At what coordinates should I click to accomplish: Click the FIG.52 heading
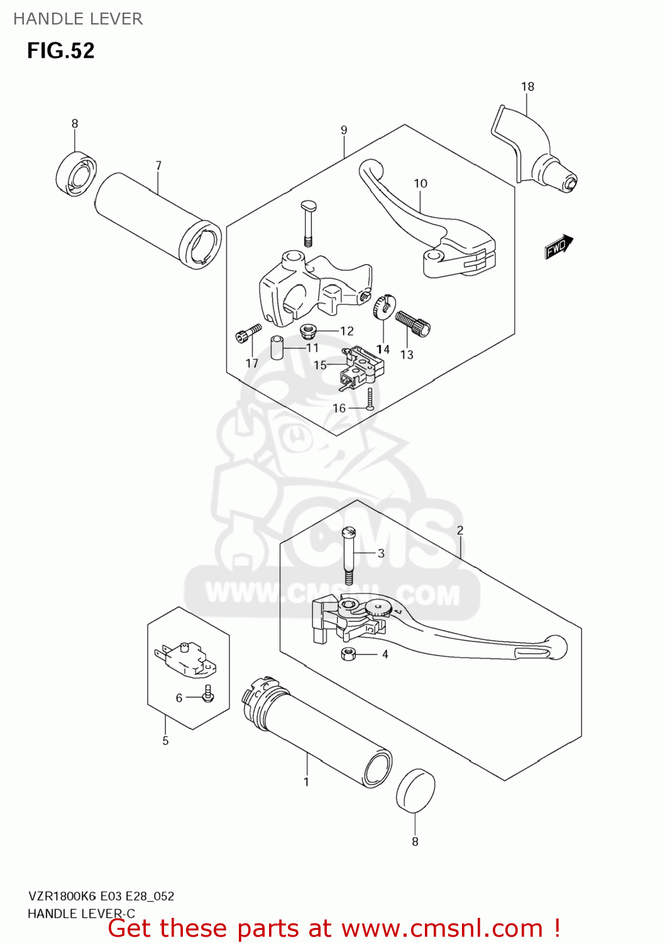pos(60,50)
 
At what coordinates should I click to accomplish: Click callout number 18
pos(527,87)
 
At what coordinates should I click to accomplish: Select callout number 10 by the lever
pos(420,184)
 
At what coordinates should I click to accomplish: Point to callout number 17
pos(252,363)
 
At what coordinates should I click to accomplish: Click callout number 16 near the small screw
pos(339,409)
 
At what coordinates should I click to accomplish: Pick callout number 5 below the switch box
pos(165,741)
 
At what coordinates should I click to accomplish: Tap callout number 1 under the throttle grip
pos(306,782)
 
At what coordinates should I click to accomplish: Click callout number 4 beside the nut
pos(385,654)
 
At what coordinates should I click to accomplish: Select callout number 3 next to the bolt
pos(381,553)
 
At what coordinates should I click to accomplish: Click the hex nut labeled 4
pos(348,654)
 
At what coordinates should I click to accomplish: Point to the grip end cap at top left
pos(75,174)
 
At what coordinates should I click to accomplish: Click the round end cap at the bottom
pos(415,790)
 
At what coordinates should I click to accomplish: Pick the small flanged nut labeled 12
pos(308,329)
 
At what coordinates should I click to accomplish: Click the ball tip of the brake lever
pos(556,647)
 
